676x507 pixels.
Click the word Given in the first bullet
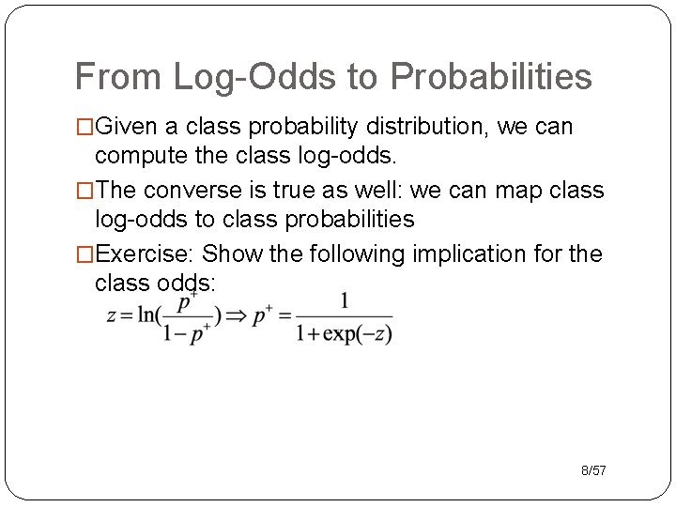pos(127,126)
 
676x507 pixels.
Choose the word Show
pos(231,254)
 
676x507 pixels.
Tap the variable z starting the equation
pos(111,316)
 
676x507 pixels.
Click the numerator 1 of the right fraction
pos(344,300)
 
